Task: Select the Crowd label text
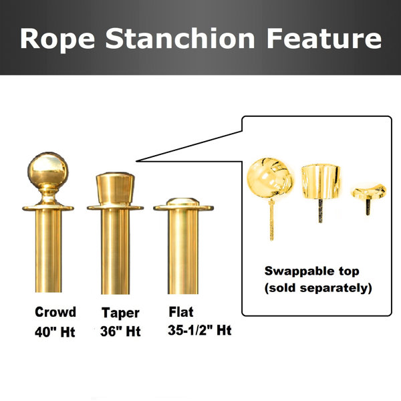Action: pos(55,312)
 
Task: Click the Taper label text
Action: pos(121,312)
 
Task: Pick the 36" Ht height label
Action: pos(121,331)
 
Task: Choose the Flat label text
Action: pos(182,311)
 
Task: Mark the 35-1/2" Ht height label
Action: pos(200,331)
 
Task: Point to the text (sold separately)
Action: pos(318,289)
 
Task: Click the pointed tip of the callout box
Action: pos(137,160)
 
